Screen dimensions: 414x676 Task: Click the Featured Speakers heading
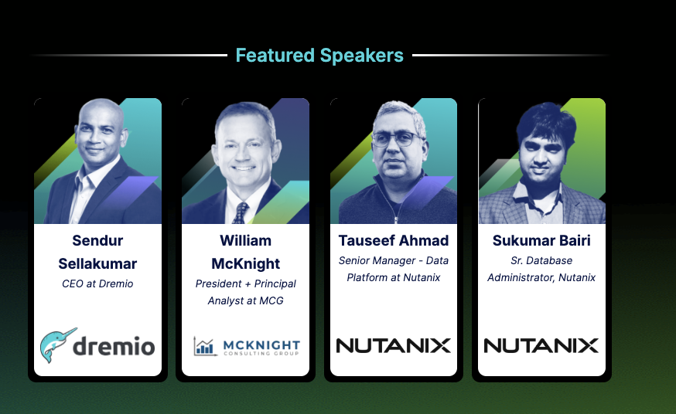click(319, 56)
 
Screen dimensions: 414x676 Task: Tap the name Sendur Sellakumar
click(97, 253)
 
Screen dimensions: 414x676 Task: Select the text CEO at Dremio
click(97, 283)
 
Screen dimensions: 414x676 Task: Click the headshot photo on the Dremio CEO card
click(97, 162)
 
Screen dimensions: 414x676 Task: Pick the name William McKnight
click(245, 253)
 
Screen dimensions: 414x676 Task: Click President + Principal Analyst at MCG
click(245, 292)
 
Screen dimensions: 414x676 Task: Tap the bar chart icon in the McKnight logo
click(205, 346)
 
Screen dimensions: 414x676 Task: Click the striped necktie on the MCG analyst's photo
click(241, 212)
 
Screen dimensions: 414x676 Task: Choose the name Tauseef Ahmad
click(394, 241)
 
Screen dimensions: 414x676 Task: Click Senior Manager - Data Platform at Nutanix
click(394, 269)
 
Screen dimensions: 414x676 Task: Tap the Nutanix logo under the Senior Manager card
click(394, 345)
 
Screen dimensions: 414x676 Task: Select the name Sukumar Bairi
click(541, 241)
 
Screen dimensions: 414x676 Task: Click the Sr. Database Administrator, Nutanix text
click(541, 269)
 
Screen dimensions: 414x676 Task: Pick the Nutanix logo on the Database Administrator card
click(541, 345)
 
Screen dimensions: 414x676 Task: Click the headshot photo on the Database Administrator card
click(541, 162)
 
